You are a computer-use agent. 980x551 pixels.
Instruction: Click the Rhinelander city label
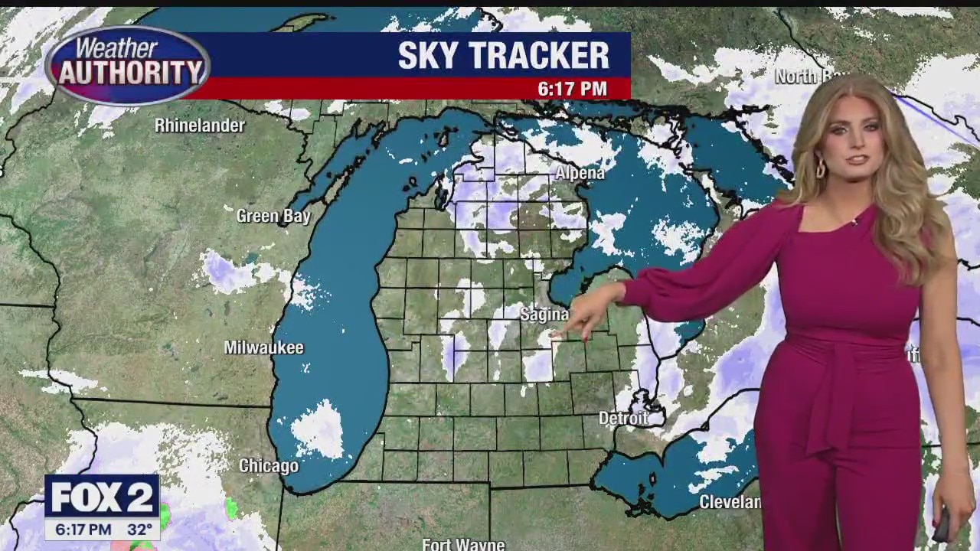pos(199,126)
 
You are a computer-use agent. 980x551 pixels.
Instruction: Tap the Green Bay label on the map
pos(273,217)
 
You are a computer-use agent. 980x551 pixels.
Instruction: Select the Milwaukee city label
pos(263,348)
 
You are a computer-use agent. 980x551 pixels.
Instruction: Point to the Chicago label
pos(269,465)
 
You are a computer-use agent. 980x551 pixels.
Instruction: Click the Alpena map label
pos(580,174)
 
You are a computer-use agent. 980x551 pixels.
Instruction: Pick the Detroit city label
pos(623,419)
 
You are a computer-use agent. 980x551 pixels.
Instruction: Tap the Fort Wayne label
pos(463,544)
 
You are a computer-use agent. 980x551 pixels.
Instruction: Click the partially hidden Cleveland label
pos(730,502)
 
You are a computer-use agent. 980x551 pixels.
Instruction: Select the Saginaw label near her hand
pos(544,315)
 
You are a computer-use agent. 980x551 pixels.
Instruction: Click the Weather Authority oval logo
pos(127,66)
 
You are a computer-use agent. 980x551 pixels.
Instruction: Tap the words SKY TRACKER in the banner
pos(503,56)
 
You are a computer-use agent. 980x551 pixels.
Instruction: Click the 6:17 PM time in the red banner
pos(572,89)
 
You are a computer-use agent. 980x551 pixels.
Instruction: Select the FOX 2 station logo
pos(101,498)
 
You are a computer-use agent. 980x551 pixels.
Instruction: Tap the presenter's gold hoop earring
pos(820,168)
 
